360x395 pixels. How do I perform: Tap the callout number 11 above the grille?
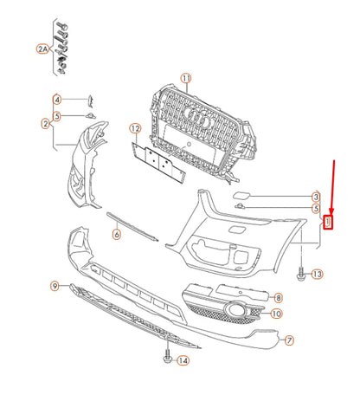(x=185, y=79)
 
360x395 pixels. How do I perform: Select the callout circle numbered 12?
(x=135, y=129)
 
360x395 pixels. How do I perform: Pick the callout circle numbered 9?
(x=55, y=286)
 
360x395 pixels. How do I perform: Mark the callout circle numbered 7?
(x=290, y=341)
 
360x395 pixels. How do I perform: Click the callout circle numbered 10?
(x=277, y=313)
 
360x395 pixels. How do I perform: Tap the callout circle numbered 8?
(x=278, y=297)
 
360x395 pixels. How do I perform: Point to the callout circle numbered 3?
(x=316, y=197)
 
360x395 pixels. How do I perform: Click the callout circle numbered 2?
(x=46, y=124)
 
